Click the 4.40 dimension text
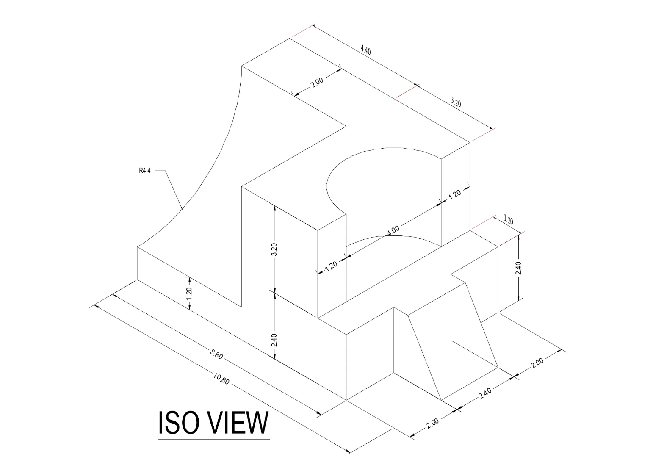[x=365, y=50]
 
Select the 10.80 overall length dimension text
[x=221, y=379]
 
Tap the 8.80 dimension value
[x=216, y=354]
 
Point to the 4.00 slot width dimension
[x=393, y=231]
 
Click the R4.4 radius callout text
[x=145, y=171]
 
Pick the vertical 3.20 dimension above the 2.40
[x=274, y=249]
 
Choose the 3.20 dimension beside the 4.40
[x=456, y=102]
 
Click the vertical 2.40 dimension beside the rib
[x=519, y=268]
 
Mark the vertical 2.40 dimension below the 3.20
[x=274, y=340]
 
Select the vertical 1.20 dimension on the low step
[x=189, y=293]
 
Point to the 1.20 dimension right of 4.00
[x=454, y=195]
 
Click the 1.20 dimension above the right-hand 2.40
[x=509, y=220]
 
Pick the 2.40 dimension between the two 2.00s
[x=485, y=393]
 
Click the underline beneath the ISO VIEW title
[x=214, y=440]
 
